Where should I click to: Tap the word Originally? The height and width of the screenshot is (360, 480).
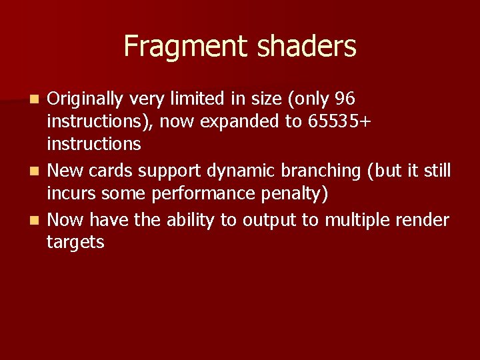85,99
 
